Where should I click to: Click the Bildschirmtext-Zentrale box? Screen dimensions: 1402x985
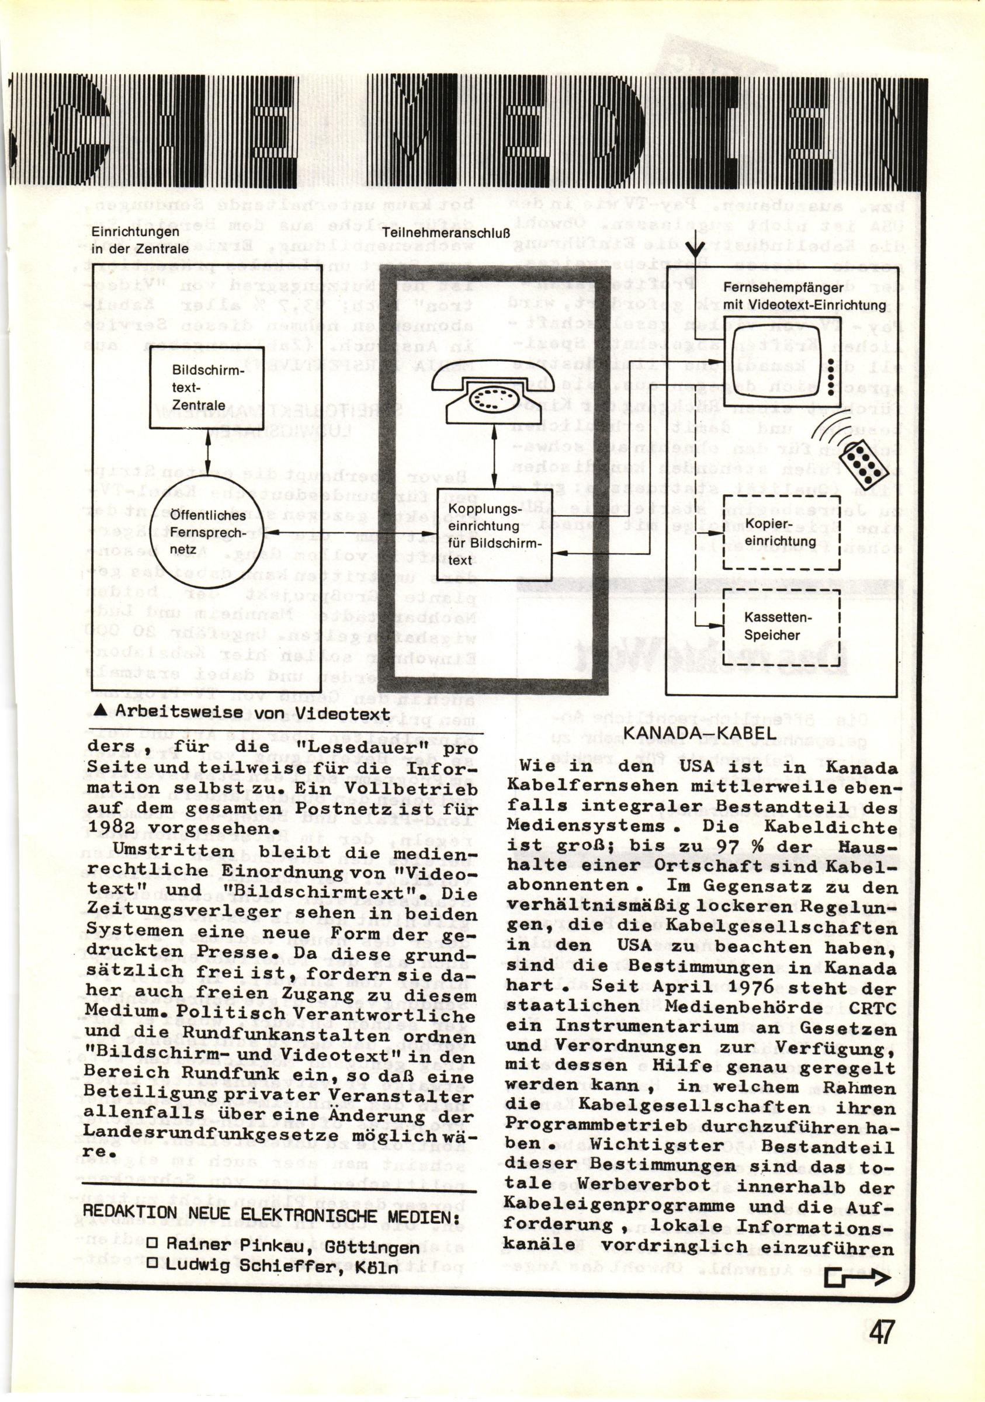pos(206,388)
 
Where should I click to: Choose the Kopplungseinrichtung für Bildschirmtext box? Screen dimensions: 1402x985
pos(494,534)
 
